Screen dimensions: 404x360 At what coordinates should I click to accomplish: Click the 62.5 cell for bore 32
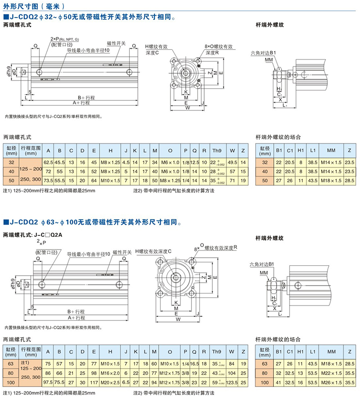coord(48,162)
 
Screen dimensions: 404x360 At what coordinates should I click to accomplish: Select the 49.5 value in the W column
coord(232,162)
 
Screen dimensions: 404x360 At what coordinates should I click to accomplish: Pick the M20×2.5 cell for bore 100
coord(110,382)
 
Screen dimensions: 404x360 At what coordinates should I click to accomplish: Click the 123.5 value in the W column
coord(232,382)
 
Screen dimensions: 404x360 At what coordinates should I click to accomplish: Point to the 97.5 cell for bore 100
coord(48,382)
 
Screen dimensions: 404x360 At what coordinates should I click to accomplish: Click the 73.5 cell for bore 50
coord(48,180)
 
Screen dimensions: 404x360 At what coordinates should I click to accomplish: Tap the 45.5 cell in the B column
coord(60,162)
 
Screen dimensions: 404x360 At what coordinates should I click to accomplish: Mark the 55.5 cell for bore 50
coord(60,180)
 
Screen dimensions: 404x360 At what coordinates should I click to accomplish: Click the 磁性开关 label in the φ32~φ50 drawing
coord(116,43)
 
